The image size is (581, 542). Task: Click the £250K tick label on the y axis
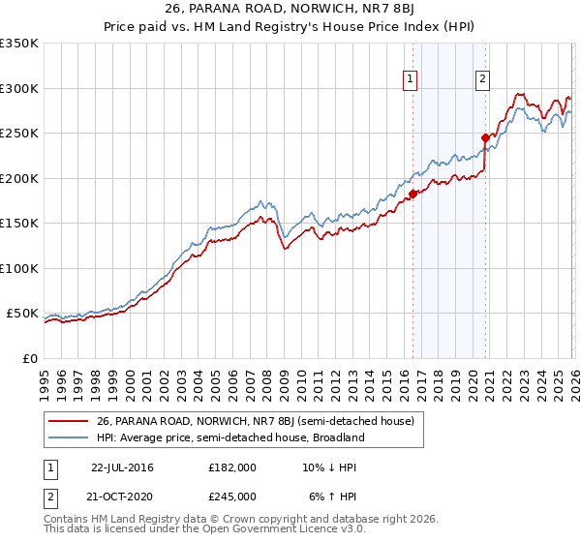(19, 134)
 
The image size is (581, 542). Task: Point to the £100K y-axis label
(19, 268)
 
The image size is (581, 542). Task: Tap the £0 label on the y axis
(30, 358)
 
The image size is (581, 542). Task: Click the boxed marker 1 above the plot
(411, 80)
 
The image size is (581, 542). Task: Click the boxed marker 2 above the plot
(482, 80)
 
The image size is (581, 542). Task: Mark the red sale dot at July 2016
(413, 194)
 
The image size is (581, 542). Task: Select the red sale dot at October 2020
(485, 137)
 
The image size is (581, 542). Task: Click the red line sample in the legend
(70, 421)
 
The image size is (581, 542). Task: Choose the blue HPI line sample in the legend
(70, 437)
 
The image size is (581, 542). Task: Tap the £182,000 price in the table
(232, 467)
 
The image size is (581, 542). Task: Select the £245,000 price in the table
(232, 496)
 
